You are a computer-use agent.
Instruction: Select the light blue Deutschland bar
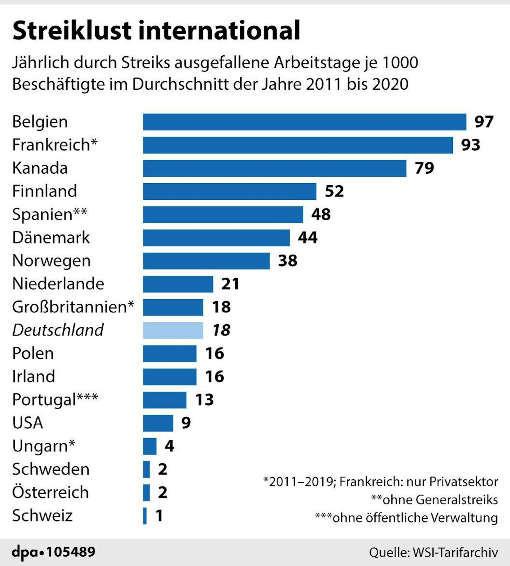[x=173, y=330]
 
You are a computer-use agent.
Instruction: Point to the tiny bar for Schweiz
[x=145, y=516]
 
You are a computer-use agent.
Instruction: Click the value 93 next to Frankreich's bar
[x=470, y=145]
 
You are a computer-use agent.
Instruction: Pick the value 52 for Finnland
[x=334, y=191]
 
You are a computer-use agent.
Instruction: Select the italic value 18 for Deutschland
[x=221, y=330]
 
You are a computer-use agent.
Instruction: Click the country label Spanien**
[x=50, y=215]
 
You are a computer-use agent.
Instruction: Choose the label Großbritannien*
[x=73, y=307]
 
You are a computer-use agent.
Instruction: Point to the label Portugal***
[x=55, y=400]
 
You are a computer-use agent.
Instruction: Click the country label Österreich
[x=50, y=493]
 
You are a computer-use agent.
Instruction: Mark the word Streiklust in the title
[x=72, y=30]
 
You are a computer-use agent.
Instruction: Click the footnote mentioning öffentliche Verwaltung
[x=406, y=518]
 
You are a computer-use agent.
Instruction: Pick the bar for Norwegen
[x=206, y=261]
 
